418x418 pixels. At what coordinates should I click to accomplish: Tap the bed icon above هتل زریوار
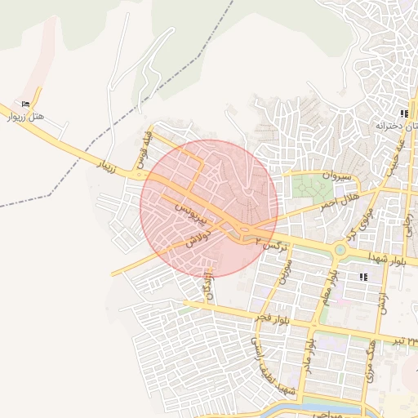click(26, 104)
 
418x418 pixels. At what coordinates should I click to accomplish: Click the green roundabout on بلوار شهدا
click(340, 249)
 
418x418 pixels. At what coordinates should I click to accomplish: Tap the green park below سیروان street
click(309, 186)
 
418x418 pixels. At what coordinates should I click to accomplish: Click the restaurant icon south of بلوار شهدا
click(363, 278)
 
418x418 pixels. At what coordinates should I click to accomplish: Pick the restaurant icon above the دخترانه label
click(403, 113)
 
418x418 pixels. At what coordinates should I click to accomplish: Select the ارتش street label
click(382, 301)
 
